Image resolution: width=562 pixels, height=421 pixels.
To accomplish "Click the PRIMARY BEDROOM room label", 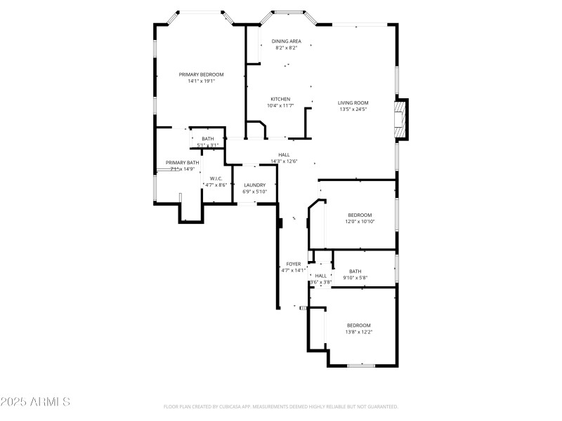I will [x=201, y=74].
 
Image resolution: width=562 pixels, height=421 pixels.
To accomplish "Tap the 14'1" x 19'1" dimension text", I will [x=201, y=81].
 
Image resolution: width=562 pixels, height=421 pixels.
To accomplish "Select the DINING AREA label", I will [x=286, y=41].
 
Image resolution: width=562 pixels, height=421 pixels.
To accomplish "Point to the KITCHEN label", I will [x=280, y=99].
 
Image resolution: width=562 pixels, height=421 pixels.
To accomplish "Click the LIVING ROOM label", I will [x=353, y=102].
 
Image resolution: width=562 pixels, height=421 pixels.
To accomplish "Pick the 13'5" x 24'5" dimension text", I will [x=353, y=109].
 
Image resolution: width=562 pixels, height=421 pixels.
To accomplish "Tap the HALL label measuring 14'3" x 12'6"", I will [x=284, y=155].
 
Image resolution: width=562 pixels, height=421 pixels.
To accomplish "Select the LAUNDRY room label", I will [x=254, y=185].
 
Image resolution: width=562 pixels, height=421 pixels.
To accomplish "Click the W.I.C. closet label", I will [x=216, y=178].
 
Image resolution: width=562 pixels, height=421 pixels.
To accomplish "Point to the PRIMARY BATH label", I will [x=183, y=163].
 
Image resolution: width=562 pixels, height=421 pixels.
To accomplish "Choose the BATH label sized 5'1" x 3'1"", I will [x=208, y=139].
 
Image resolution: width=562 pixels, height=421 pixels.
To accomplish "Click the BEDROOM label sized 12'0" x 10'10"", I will [x=360, y=215].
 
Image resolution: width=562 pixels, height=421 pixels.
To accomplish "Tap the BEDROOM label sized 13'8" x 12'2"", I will [x=358, y=325].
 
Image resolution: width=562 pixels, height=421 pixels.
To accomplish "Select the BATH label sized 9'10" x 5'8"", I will [x=355, y=272].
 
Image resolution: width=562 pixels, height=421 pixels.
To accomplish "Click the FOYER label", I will [x=294, y=264].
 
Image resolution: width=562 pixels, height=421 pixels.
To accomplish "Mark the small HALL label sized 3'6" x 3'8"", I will [x=321, y=276].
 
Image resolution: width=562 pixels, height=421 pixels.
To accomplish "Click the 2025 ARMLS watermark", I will [x=35, y=402].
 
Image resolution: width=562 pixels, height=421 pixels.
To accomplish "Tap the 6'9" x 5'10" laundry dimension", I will [x=254, y=192].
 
